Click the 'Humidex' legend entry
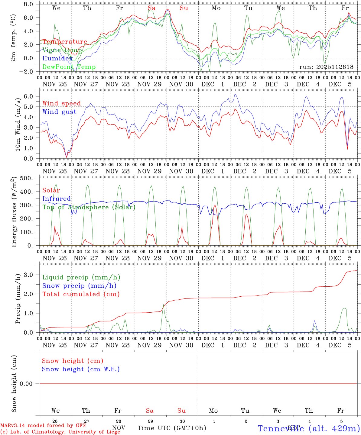57,59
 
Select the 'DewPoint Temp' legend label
69,67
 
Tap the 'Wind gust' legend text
59,112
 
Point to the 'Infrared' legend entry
57,199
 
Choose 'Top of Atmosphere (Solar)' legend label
89,207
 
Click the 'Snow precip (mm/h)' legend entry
79,286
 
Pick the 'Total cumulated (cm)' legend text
81,294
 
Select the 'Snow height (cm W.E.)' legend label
81,369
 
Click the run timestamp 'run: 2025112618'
326,67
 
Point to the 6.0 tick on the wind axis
32,96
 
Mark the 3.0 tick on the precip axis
32,275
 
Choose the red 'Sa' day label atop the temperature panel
152,8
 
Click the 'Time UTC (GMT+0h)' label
172,428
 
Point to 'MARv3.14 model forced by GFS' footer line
43,425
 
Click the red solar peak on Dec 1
215,205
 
